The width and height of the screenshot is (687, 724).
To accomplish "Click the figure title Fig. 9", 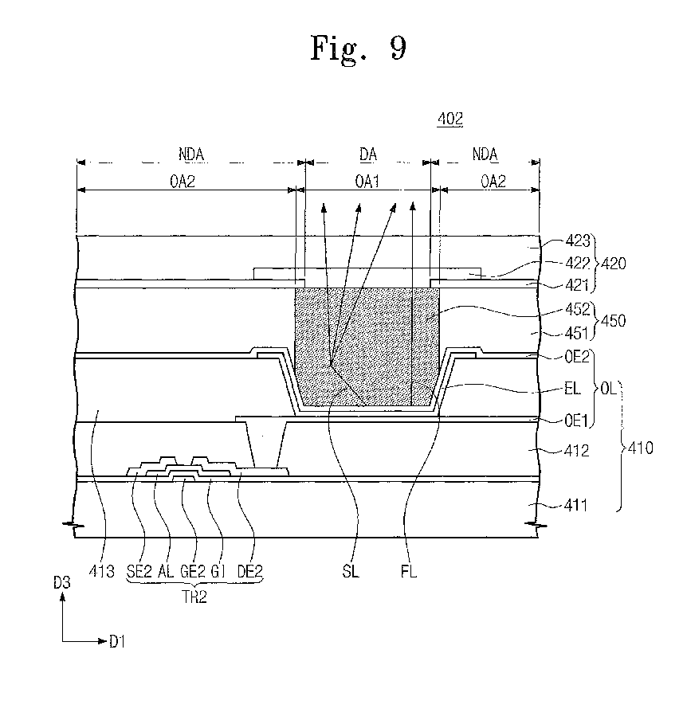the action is [x=358, y=48].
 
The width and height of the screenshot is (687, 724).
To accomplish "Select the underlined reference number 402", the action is [x=450, y=119].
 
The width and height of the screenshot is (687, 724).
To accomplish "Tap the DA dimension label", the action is [x=368, y=154].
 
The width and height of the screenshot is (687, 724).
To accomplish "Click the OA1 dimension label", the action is [x=367, y=181].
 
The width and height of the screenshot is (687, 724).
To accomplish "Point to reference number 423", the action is [x=578, y=241].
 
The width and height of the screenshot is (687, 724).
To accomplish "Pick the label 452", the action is [x=578, y=309].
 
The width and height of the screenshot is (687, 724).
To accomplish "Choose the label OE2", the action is [x=577, y=357].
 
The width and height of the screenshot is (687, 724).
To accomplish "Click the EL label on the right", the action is [x=572, y=389].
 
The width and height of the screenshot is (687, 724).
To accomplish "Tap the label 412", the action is [x=576, y=450].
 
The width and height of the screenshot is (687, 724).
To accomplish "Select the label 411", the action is [x=575, y=505].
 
